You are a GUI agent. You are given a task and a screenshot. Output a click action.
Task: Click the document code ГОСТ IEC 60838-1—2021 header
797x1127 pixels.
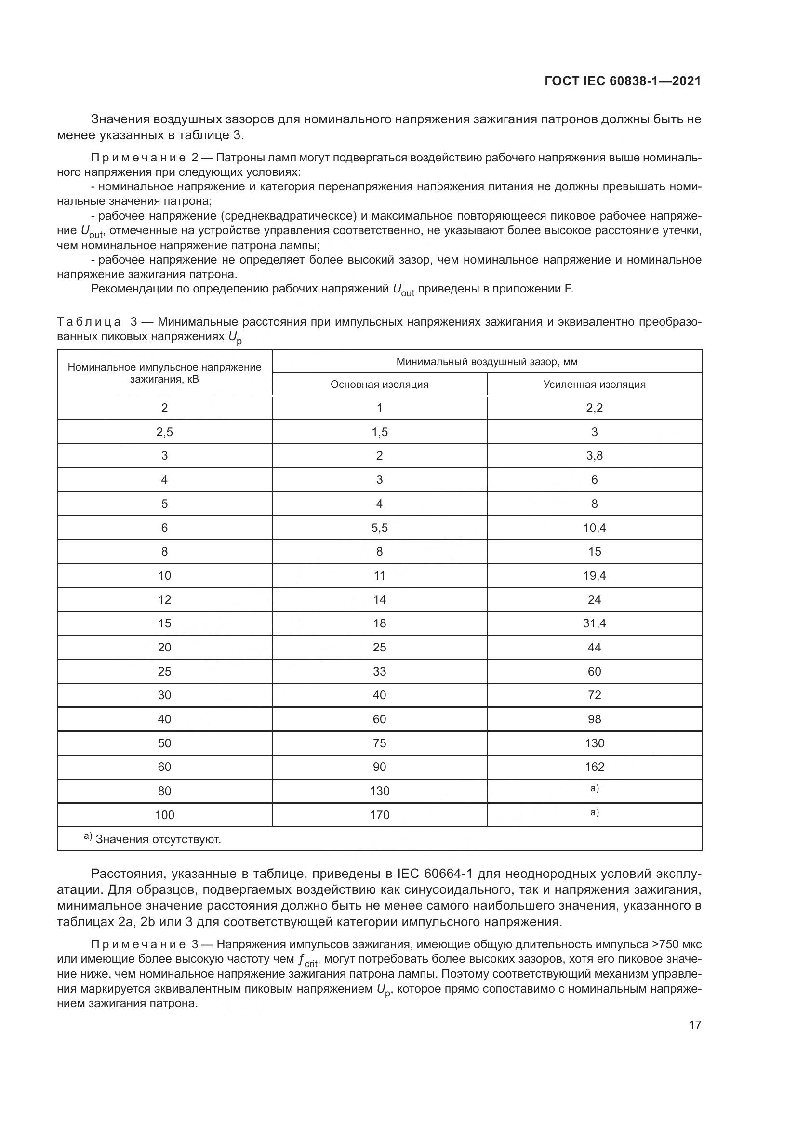pos(622,81)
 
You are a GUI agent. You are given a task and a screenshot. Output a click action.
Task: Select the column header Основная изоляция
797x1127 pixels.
pos(379,385)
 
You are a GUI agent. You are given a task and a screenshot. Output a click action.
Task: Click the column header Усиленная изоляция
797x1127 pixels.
pos(594,385)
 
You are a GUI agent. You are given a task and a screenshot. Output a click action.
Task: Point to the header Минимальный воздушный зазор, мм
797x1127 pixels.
pos(487,362)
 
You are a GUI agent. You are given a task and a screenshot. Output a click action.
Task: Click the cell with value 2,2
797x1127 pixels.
pos(594,408)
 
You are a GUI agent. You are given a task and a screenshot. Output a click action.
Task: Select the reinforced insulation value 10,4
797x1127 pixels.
pos(594,528)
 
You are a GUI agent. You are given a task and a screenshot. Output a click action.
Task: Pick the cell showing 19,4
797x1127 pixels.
pos(594,575)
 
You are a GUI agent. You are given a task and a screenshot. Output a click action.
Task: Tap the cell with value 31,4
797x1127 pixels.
pos(594,623)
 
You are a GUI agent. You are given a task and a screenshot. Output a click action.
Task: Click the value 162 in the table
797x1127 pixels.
pos(594,767)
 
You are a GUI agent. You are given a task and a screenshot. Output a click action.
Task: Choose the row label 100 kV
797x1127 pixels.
pos(164,815)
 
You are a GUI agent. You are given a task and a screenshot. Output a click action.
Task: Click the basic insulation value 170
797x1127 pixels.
pos(379,815)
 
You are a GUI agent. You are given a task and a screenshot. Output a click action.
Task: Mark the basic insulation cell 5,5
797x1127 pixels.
pos(379,528)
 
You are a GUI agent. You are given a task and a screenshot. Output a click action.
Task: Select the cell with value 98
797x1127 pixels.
pos(594,719)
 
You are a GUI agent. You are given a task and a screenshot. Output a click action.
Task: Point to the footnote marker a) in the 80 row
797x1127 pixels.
pos(594,789)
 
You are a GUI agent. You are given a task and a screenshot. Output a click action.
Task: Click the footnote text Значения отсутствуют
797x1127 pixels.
pos(158,839)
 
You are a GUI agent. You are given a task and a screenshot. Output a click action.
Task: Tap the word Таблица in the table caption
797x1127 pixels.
pos(89,322)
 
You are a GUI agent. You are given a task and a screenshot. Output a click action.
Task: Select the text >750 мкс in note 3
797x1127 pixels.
pos(676,944)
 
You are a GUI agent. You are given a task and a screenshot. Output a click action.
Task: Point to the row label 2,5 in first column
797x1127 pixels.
pos(164,432)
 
